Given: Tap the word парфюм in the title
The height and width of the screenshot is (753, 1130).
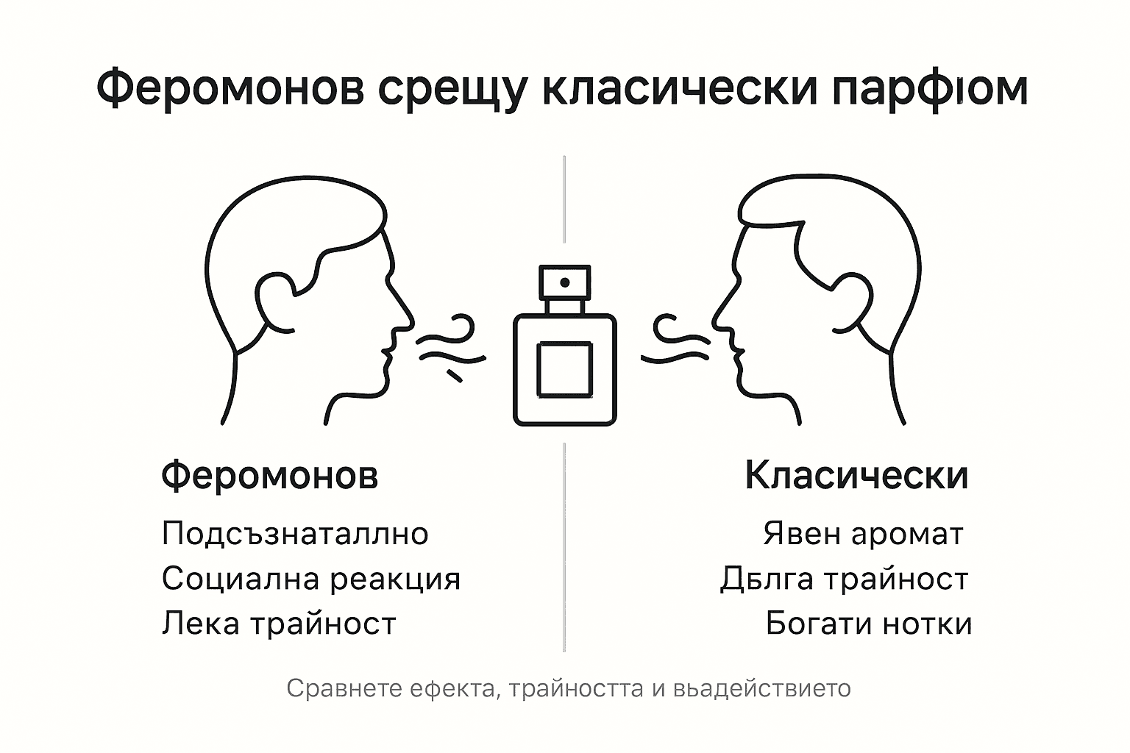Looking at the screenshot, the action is tap(930, 88).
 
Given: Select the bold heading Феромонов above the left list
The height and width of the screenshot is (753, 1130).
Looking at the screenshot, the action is tap(269, 474).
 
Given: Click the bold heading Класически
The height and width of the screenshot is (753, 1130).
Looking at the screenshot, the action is tap(856, 474).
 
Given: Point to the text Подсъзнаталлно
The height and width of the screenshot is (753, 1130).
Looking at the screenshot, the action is tap(295, 534).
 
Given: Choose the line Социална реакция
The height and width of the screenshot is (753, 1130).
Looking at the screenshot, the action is tap(311, 579).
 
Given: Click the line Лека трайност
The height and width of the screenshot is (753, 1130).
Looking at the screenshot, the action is tap(279, 624).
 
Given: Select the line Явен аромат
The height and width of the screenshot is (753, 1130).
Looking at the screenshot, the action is tap(863, 534).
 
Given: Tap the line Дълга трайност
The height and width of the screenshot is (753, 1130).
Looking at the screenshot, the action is tap(844, 579).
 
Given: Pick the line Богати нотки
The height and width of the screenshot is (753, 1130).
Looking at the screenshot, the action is tap(869, 624).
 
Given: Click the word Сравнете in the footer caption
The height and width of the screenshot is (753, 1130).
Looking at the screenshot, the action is tap(345, 688).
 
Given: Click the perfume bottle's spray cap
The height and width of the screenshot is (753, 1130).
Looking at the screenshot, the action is tap(564, 282).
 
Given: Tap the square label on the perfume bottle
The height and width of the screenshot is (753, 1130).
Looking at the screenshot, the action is tap(564, 370).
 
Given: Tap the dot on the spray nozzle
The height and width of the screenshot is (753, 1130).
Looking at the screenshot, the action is tap(565, 282).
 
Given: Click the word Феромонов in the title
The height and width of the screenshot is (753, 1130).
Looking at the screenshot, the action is tap(230, 88).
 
